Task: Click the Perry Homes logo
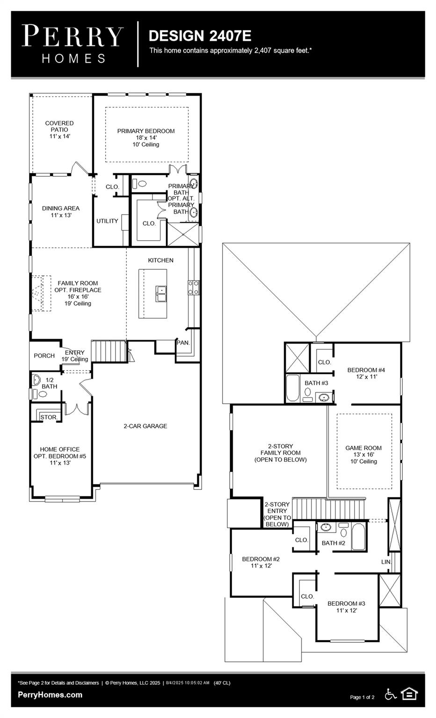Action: click(73, 44)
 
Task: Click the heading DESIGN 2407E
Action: click(200, 36)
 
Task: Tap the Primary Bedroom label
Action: click(146, 137)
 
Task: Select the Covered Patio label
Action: click(59, 129)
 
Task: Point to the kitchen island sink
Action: click(162, 294)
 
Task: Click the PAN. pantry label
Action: click(183, 343)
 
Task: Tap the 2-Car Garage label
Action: click(145, 426)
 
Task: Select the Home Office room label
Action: click(59, 456)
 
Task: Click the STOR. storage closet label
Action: click(49, 417)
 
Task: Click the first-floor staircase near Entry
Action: click(109, 351)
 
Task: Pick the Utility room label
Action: click(107, 221)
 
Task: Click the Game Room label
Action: click(363, 454)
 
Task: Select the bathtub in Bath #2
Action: click(359, 537)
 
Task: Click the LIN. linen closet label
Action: click(385, 561)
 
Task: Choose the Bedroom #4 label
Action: click(366, 373)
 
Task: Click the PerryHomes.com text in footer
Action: click(50, 695)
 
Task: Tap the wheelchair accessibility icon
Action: click(390, 694)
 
